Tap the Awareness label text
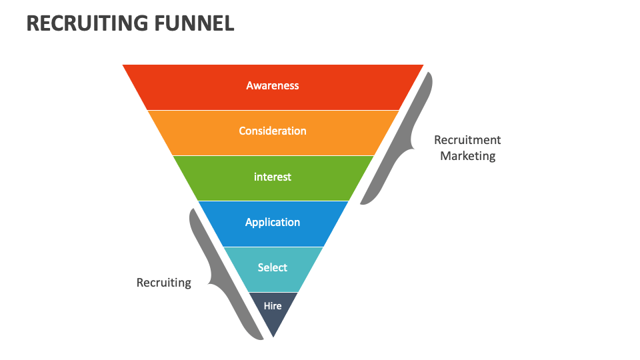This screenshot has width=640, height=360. click(x=273, y=85)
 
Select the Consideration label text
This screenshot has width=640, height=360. click(x=273, y=131)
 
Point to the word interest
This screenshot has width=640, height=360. click(x=273, y=177)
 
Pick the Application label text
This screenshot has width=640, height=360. click(x=273, y=222)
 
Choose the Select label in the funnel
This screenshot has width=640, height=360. click(x=273, y=267)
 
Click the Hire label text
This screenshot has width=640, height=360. click(x=273, y=306)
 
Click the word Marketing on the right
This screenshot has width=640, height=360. click(x=467, y=156)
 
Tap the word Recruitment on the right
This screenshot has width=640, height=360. click(x=467, y=140)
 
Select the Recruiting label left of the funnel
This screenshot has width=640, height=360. click(x=163, y=283)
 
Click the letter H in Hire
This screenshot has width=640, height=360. click(x=267, y=306)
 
